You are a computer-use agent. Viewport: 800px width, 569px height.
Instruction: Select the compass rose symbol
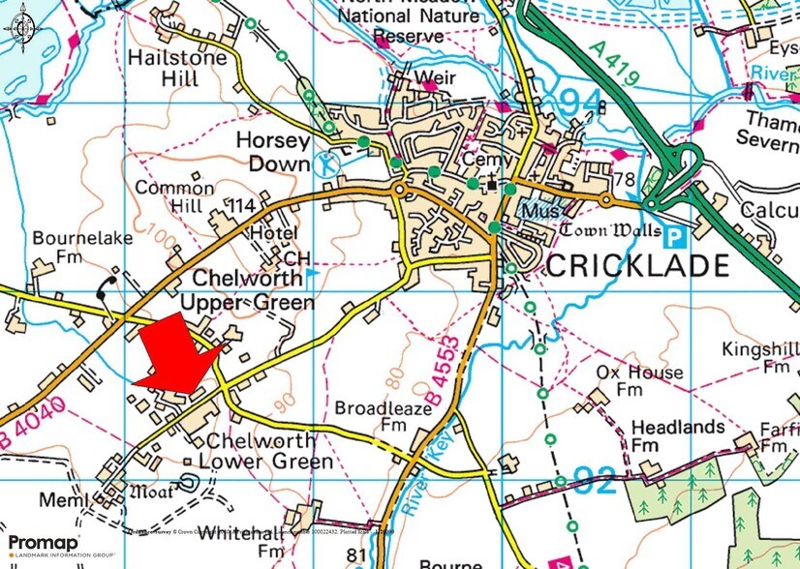coord(22,27)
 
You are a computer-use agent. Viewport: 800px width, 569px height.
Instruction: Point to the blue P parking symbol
coord(676,232)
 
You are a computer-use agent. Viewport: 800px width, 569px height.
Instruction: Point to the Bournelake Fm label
coord(71,247)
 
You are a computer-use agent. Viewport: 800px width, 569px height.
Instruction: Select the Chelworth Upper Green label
coord(254,290)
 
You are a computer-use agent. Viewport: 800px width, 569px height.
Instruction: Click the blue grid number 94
coord(584,100)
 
